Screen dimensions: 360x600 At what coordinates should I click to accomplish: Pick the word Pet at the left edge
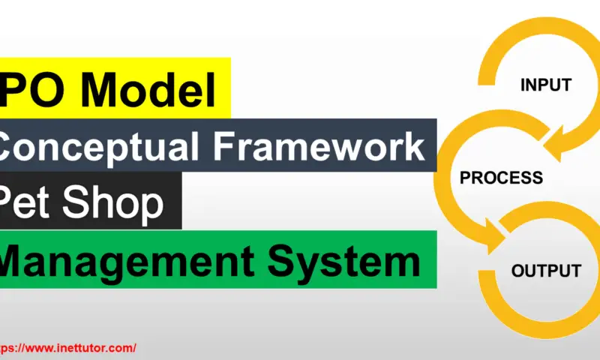click(28, 202)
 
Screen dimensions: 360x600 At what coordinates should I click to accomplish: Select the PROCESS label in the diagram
click(501, 178)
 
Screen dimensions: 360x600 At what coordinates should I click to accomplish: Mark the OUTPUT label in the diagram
click(546, 271)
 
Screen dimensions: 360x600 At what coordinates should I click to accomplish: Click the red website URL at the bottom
click(67, 348)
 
